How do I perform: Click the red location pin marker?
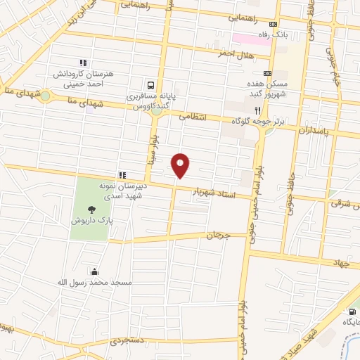coord(181,165)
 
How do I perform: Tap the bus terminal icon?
coord(150,83)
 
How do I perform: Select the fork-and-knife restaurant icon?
coord(258,110)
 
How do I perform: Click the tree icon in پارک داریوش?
coord(91,209)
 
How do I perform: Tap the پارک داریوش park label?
coord(91,221)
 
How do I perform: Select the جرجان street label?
coord(218,235)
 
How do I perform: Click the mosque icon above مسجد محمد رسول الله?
coord(94,271)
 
